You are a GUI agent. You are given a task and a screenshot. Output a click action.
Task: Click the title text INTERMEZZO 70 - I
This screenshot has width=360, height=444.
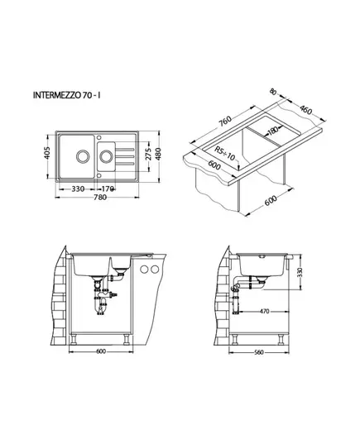(67, 95)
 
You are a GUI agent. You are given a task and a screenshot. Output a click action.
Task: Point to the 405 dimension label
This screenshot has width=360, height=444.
(47, 153)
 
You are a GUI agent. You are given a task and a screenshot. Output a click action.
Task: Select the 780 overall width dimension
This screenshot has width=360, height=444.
(100, 197)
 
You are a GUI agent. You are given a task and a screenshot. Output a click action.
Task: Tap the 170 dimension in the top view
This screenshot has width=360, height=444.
(108, 189)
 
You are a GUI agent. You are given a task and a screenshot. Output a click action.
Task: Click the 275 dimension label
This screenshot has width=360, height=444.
(148, 154)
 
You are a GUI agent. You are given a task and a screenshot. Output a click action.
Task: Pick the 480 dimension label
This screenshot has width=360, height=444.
(158, 154)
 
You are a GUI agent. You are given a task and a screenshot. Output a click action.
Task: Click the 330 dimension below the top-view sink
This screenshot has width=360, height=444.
(78, 189)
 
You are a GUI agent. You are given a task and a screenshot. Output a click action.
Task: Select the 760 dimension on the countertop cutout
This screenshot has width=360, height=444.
(225, 122)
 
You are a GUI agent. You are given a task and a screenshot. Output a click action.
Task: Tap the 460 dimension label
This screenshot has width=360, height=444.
(305, 110)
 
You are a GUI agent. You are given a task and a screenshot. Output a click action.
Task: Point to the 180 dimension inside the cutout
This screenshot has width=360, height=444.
(273, 131)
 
